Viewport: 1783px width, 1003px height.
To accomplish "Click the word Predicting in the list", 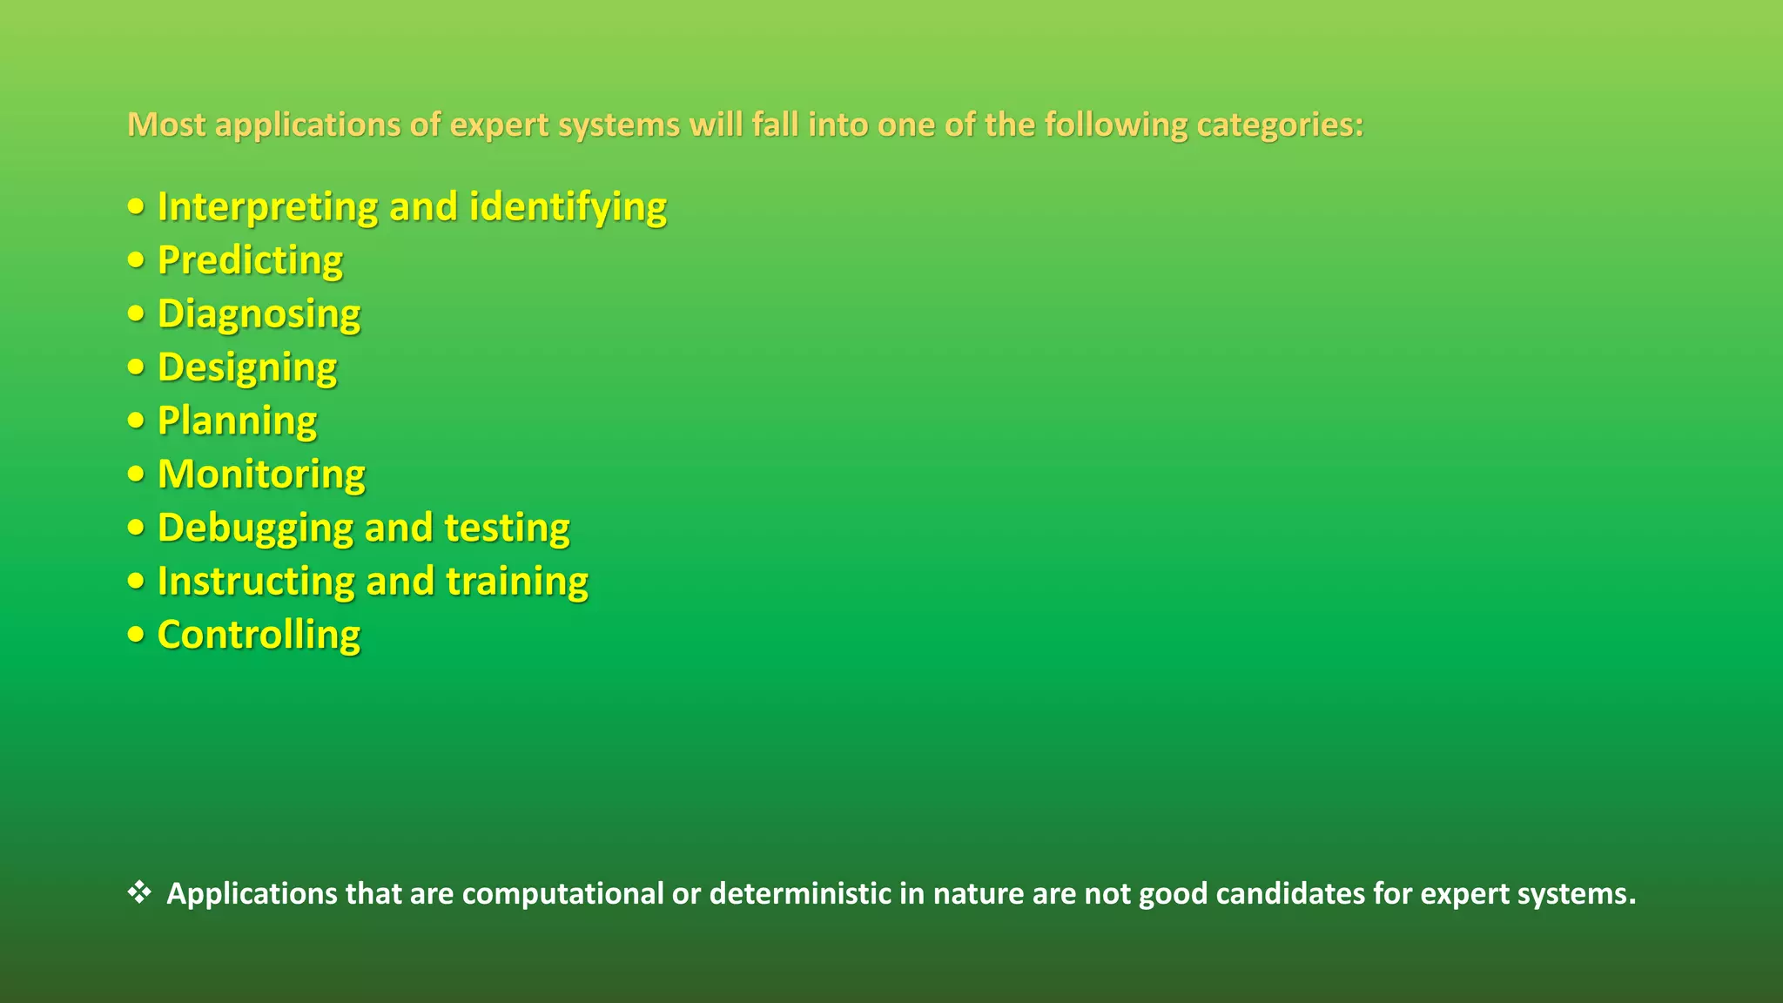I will click(250, 260).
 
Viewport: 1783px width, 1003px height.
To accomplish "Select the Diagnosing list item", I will click(259, 314).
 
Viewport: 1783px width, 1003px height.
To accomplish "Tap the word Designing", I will click(247, 367).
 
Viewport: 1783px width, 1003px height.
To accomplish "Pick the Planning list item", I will click(237, 421).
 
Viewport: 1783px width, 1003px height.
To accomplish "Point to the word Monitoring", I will click(261, 475).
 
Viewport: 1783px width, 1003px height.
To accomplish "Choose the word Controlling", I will click(259, 635).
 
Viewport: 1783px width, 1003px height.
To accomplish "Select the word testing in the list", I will click(507, 528).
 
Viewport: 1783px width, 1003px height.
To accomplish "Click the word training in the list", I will click(517, 582).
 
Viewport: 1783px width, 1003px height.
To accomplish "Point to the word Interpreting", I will click(267, 207).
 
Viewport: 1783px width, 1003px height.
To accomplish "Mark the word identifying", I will click(568, 207).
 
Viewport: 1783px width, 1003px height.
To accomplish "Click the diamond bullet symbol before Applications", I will click(139, 892).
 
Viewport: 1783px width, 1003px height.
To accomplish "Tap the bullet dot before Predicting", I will click(136, 260).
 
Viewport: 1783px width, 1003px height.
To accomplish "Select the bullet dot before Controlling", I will click(136, 635).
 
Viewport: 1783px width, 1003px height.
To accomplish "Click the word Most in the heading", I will click(166, 125).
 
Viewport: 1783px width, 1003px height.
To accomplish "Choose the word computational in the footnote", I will click(562, 894).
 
